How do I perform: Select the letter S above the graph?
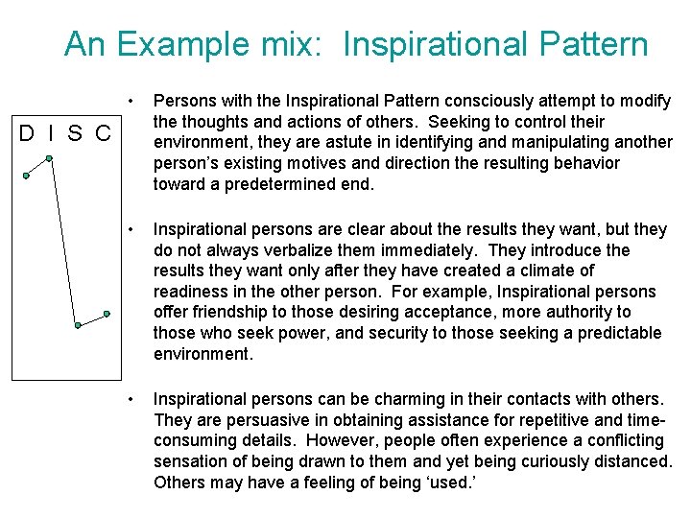pos(74,131)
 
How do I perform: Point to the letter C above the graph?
pos(102,131)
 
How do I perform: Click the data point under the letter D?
pos(27,176)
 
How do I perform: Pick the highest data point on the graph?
pos(49,158)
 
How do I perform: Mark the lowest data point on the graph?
pos(78,325)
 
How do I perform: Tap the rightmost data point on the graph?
pos(107,314)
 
